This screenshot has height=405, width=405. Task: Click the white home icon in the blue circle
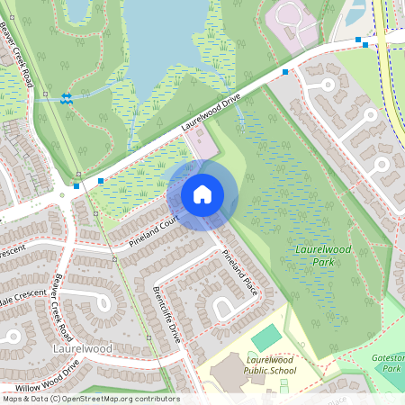[202, 194]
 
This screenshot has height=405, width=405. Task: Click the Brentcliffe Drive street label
[166, 310]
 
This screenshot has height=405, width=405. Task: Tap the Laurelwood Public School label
[271, 364]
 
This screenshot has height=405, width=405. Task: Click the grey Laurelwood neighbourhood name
[82, 347]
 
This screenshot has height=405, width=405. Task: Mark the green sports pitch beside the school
[265, 338]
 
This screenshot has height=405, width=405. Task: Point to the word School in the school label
[282, 369]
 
